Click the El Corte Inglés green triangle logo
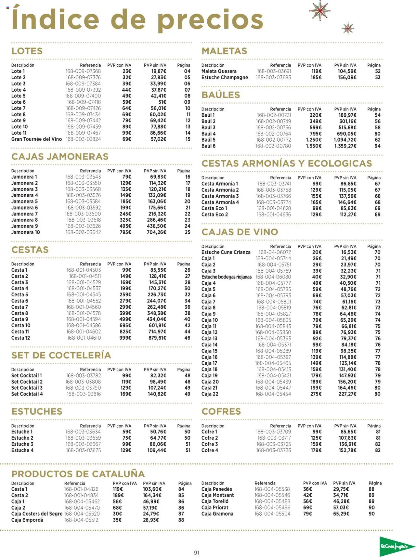(x=396, y=547)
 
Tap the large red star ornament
(x=320, y=10)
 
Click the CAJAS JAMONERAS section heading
(x=60, y=157)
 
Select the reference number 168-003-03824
(x=83, y=139)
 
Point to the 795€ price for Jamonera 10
(x=125, y=232)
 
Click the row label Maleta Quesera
(x=219, y=71)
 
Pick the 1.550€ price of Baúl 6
(x=314, y=146)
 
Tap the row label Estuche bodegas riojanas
(x=226, y=277)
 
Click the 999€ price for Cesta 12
(x=125, y=338)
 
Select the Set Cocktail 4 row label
(x=27, y=394)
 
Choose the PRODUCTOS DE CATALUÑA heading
(x=78, y=474)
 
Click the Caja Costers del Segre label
(x=37, y=514)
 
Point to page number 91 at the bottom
(x=196, y=552)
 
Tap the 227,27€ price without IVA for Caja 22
(x=347, y=394)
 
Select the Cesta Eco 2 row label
(x=214, y=214)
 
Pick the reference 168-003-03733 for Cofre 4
(x=274, y=450)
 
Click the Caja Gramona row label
(x=217, y=514)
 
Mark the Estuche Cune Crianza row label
(x=226, y=252)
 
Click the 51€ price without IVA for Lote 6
(x=162, y=102)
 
